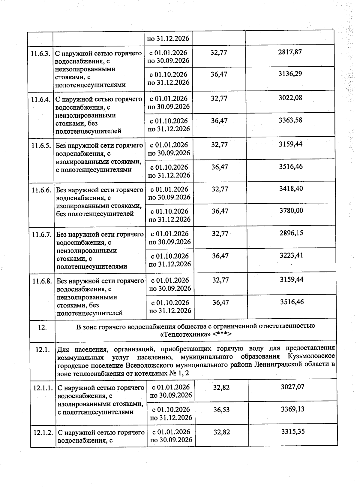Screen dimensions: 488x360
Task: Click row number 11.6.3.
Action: [40, 53]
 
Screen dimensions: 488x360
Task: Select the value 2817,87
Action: [290, 52]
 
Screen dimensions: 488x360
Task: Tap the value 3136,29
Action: [290, 74]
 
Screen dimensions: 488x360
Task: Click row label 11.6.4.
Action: [40, 99]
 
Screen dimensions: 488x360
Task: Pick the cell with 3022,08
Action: [290, 98]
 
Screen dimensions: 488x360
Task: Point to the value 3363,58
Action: [290, 120]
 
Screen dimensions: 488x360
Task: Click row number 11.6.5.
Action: [41, 146]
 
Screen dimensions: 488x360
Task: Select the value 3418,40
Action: [291, 189]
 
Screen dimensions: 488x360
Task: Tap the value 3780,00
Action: [291, 211]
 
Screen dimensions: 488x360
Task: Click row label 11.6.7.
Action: [42, 234]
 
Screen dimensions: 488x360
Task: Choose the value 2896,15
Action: [291, 233]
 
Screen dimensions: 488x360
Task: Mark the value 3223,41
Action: [291, 255]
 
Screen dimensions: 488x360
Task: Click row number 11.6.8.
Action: [42, 281]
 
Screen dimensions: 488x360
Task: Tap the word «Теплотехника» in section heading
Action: [185, 334]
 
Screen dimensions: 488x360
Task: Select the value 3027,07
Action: [292, 387]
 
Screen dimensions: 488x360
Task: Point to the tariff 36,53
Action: [221, 410]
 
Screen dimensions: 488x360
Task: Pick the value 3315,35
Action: [293, 432]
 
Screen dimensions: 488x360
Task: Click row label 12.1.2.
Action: [43, 433]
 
